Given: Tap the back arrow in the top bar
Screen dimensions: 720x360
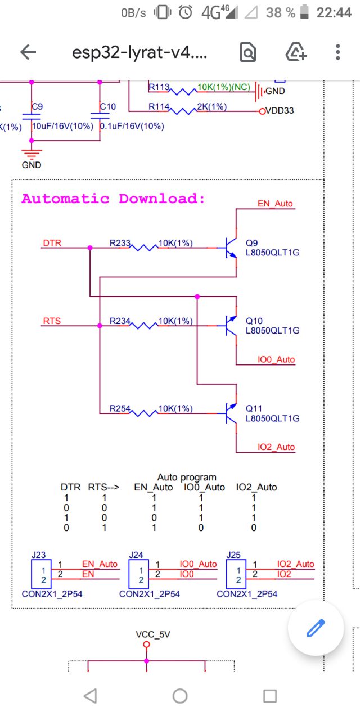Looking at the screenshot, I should pyautogui.click(x=28, y=52).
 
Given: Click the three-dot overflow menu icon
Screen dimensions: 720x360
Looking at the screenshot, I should pyautogui.click(x=337, y=52).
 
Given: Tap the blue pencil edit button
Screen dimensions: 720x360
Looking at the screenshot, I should pyautogui.click(x=316, y=628).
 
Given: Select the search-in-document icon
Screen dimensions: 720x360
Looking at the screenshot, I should pyautogui.click(x=248, y=52).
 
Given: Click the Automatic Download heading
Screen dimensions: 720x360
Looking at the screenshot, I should pyautogui.click(x=113, y=199).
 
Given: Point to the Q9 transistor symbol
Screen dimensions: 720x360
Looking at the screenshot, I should pyautogui.click(x=230, y=247).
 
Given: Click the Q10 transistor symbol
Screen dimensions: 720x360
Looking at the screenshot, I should pyautogui.click(x=230, y=325).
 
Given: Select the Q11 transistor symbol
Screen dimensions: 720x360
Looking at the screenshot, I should pyautogui.click(x=230, y=413).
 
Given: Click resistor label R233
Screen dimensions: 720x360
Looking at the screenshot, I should pyautogui.click(x=120, y=244).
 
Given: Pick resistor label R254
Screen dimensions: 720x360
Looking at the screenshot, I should pyautogui.click(x=120, y=408).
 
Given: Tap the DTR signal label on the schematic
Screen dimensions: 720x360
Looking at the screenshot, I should pyautogui.click(x=52, y=243).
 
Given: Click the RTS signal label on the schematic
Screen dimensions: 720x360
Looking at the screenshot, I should pyautogui.click(x=52, y=321).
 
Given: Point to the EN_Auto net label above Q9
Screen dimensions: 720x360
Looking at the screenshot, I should pyautogui.click(x=275, y=204).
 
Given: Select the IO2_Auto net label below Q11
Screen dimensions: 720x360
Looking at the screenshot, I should pyautogui.click(x=276, y=447).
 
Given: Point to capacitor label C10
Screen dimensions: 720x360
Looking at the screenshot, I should pyautogui.click(x=107, y=106).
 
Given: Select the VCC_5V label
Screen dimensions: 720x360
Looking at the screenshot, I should pyautogui.click(x=153, y=634).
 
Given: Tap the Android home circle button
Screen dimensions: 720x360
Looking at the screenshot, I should pyautogui.click(x=180, y=696).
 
